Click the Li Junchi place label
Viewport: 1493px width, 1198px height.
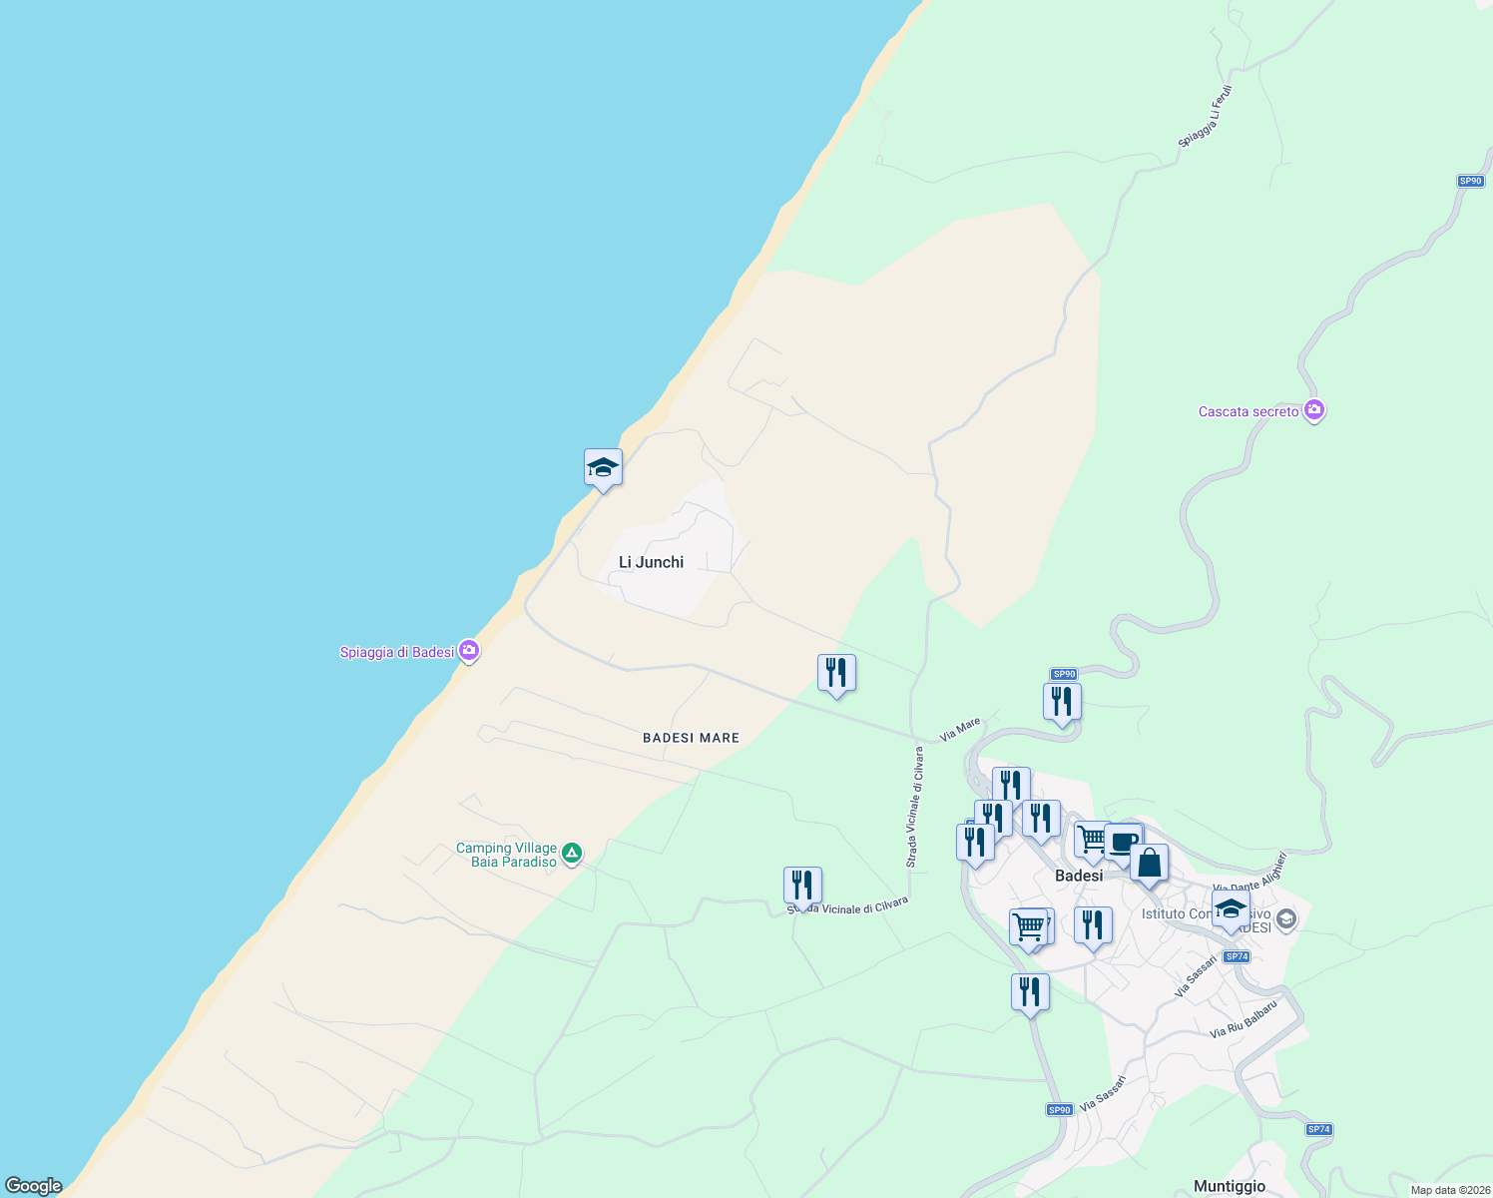651,562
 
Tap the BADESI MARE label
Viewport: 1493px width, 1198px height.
691,738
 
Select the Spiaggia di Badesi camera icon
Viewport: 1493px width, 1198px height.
469,651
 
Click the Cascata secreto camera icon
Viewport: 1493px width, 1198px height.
1314,410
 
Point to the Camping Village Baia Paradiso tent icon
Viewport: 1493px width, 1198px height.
572,854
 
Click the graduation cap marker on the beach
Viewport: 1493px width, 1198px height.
603,467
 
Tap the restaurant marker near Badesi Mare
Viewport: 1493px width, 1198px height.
836,673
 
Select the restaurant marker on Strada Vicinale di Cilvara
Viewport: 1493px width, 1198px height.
802,886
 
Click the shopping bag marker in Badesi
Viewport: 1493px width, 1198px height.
1149,864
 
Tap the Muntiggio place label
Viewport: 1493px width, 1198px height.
1230,1186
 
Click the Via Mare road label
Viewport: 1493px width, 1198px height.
960,730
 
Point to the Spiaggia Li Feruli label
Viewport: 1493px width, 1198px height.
1206,118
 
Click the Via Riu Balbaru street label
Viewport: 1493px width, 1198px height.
1244,1019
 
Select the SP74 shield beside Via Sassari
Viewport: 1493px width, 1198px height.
1237,956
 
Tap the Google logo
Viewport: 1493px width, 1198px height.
34,1186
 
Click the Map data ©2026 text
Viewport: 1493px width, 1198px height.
1449,1190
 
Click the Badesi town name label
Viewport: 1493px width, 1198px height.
1079,876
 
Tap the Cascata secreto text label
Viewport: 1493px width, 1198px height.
1248,411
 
